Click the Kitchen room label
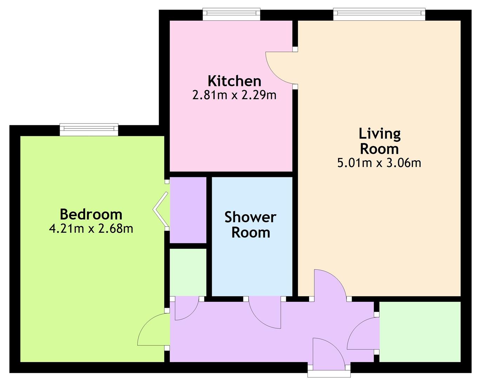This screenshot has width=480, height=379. (234, 81)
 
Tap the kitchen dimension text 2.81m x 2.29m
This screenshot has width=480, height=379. (234, 95)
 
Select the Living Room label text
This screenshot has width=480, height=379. (379, 141)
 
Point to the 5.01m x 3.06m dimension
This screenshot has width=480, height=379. (379, 163)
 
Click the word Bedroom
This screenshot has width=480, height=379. (91, 214)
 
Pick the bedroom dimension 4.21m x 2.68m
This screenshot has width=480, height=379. (91, 229)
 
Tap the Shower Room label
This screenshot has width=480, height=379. (251, 225)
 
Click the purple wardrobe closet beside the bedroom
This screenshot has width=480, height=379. (188, 210)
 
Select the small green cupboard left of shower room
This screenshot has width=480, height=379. (188, 272)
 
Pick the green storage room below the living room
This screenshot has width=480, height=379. (420, 331)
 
